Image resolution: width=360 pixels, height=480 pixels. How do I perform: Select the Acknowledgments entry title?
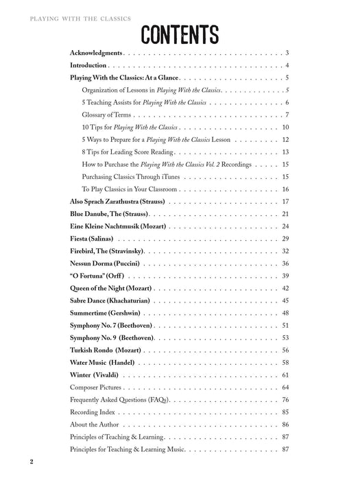click(x=96, y=53)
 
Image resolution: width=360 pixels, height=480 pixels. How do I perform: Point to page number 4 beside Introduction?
click(x=287, y=65)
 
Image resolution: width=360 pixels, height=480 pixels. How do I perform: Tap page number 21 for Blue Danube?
click(x=286, y=214)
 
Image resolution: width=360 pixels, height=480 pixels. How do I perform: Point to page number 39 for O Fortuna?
click(x=286, y=276)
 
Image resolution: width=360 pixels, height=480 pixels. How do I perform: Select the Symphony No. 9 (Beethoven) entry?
click(x=112, y=337)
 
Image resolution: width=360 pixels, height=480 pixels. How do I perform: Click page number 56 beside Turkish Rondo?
click(x=286, y=350)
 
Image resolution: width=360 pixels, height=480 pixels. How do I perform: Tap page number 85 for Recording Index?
click(x=286, y=412)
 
